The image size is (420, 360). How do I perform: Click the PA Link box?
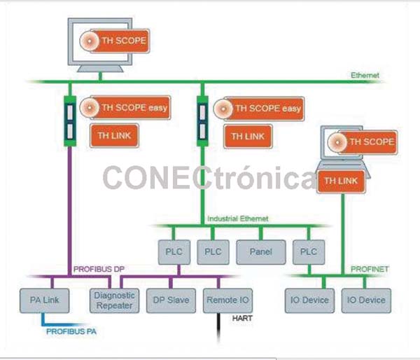[x=45, y=300]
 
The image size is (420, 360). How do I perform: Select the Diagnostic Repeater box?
[x=114, y=300]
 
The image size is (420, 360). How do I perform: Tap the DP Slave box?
[x=171, y=300]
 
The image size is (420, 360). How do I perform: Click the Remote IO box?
[x=227, y=300]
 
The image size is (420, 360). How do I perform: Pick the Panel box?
[x=261, y=252]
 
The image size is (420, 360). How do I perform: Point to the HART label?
[x=242, y=318]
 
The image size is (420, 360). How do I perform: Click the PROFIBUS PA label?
[x=71, y=331]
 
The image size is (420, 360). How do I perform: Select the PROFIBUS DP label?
[x=99, y=269]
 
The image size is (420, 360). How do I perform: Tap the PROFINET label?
[x=370, y=269]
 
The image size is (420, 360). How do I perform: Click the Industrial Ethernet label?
[x=238, y=219]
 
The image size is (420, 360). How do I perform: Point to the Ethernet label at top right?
[x=365, y=76]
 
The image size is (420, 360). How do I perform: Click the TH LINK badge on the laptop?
[x=341, y=181]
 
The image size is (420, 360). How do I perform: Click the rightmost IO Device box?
[x=366, y=300]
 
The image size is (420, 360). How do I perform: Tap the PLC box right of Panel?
[x=309, y=252]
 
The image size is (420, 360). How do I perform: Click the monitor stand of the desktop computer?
[x=100, y=69]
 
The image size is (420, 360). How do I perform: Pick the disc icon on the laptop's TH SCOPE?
[x=337, y=142]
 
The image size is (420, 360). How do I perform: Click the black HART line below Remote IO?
[x=218, y=328]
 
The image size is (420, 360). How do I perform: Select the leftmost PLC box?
[x=174, y=252]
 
